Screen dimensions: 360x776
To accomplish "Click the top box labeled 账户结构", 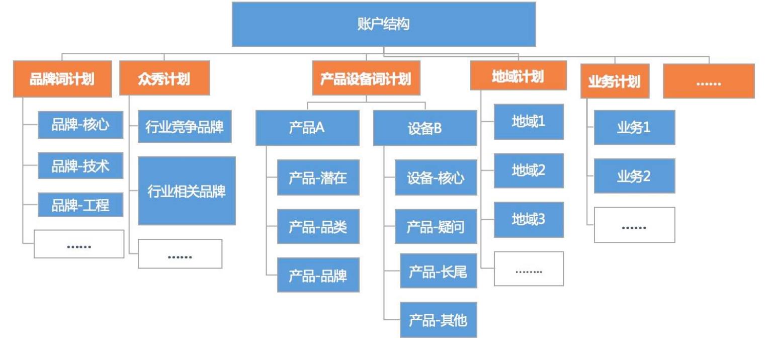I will tap(383, 24).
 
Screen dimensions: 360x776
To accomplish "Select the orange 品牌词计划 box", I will tap(62, 79).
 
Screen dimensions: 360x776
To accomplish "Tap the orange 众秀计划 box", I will tap(164, 78).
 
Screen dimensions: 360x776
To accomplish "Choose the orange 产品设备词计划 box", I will tap(366, 78).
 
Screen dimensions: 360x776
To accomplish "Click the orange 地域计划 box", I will tap(518, 75).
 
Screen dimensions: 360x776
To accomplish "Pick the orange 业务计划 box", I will tap(614, 81).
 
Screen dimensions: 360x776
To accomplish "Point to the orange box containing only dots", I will tap(708, 81).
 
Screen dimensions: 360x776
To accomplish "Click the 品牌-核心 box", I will tap(80, 125).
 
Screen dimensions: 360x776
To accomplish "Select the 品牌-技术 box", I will tap(80, 165).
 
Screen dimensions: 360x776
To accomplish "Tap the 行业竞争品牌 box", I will tap(185, 127).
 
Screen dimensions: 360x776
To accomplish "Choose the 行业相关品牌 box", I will tap(187, 191).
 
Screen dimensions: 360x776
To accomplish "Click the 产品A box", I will tap(307, 128).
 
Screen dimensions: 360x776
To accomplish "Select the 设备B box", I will tap(424, 128).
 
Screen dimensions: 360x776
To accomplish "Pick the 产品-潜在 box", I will tap(318, 177).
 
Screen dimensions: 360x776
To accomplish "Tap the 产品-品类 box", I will tap(318, 226).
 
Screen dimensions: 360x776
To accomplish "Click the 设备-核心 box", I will tap(436, 177).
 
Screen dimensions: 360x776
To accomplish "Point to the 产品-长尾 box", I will tap(438, 271).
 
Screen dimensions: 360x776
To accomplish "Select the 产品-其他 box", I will tap(438, 319).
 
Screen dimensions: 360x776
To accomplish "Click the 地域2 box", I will tap(528, 170).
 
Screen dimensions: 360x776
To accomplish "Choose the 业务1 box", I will tap(634, 127).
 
